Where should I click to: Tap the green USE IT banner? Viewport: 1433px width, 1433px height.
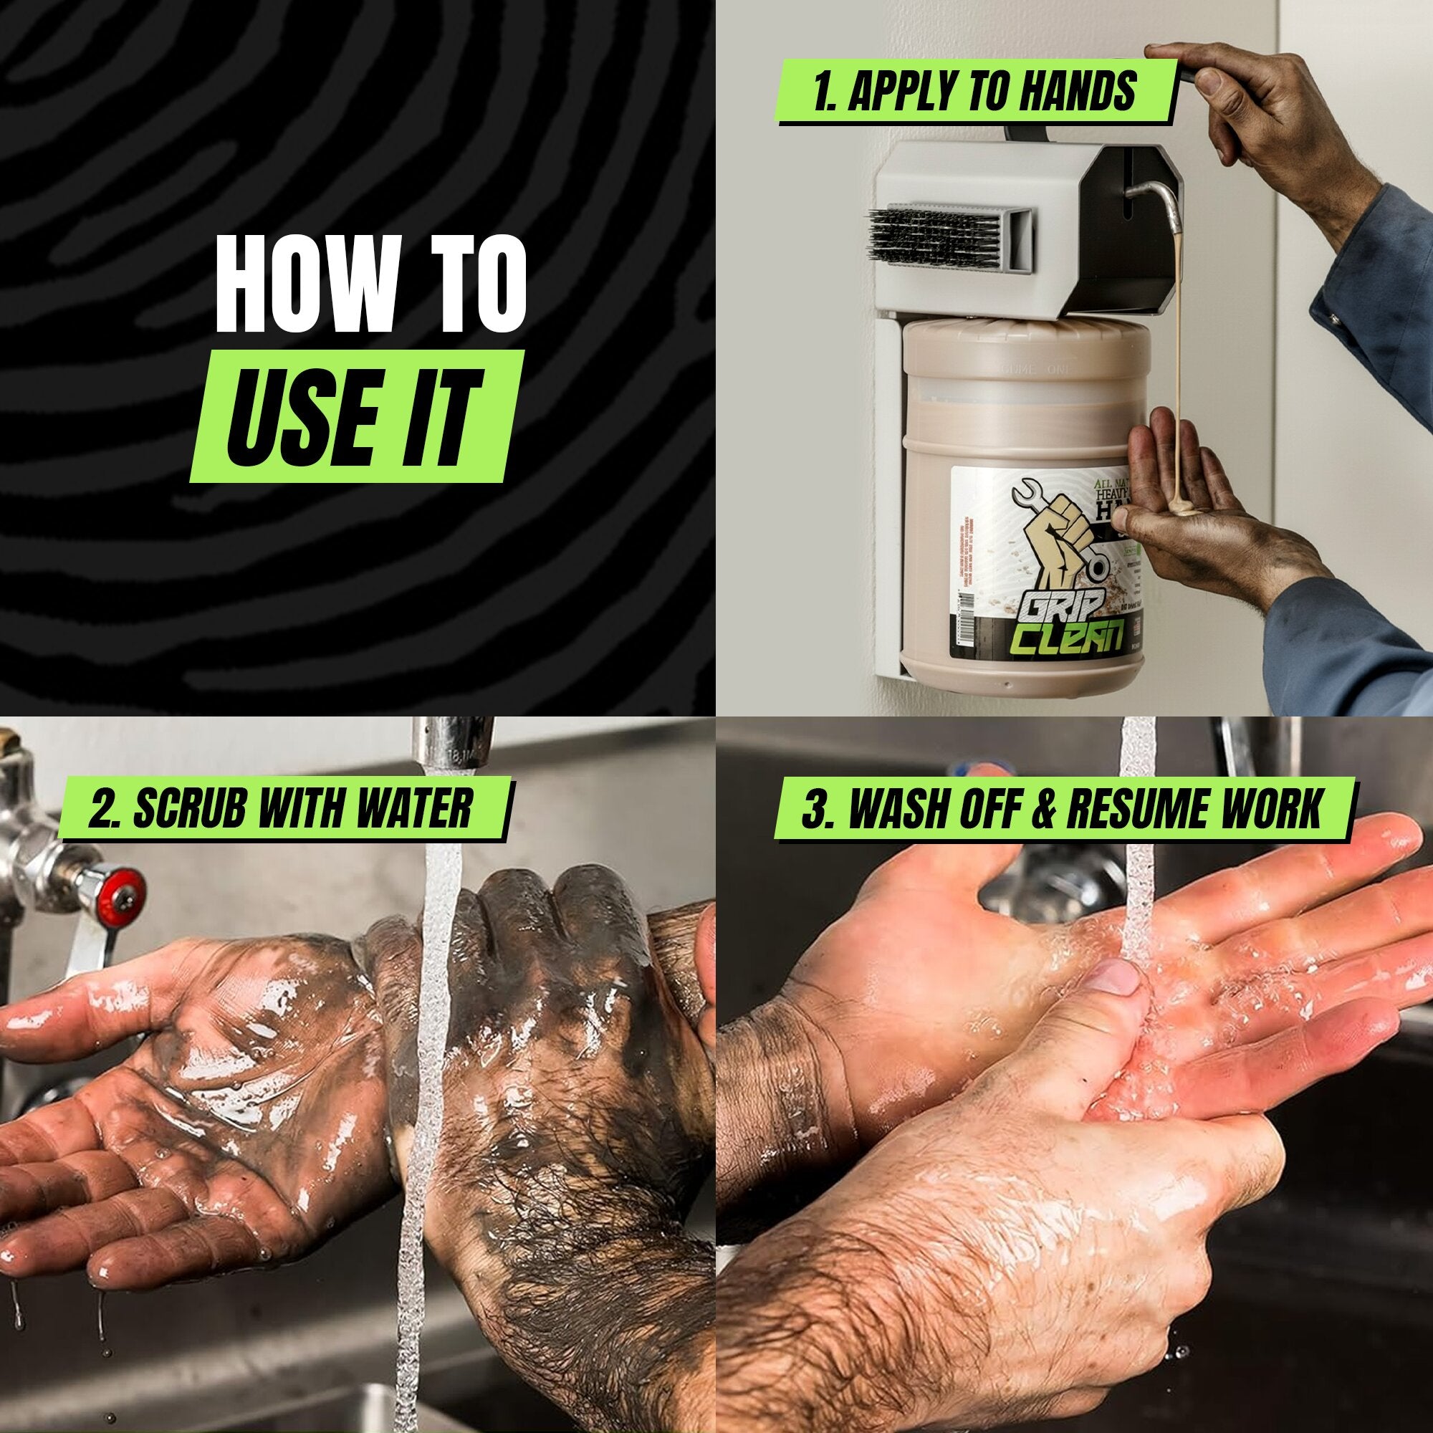pyautogui.click(x=353, y=417)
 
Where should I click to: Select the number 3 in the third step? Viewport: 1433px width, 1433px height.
pyautogui.click(x=815, y=808)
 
